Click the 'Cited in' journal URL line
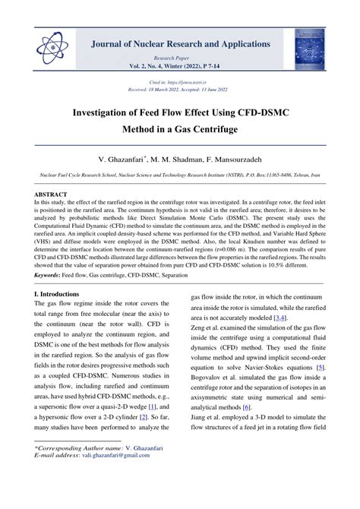point(179,81)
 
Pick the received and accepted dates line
point(179,88)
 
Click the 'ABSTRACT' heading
point(50,194)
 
